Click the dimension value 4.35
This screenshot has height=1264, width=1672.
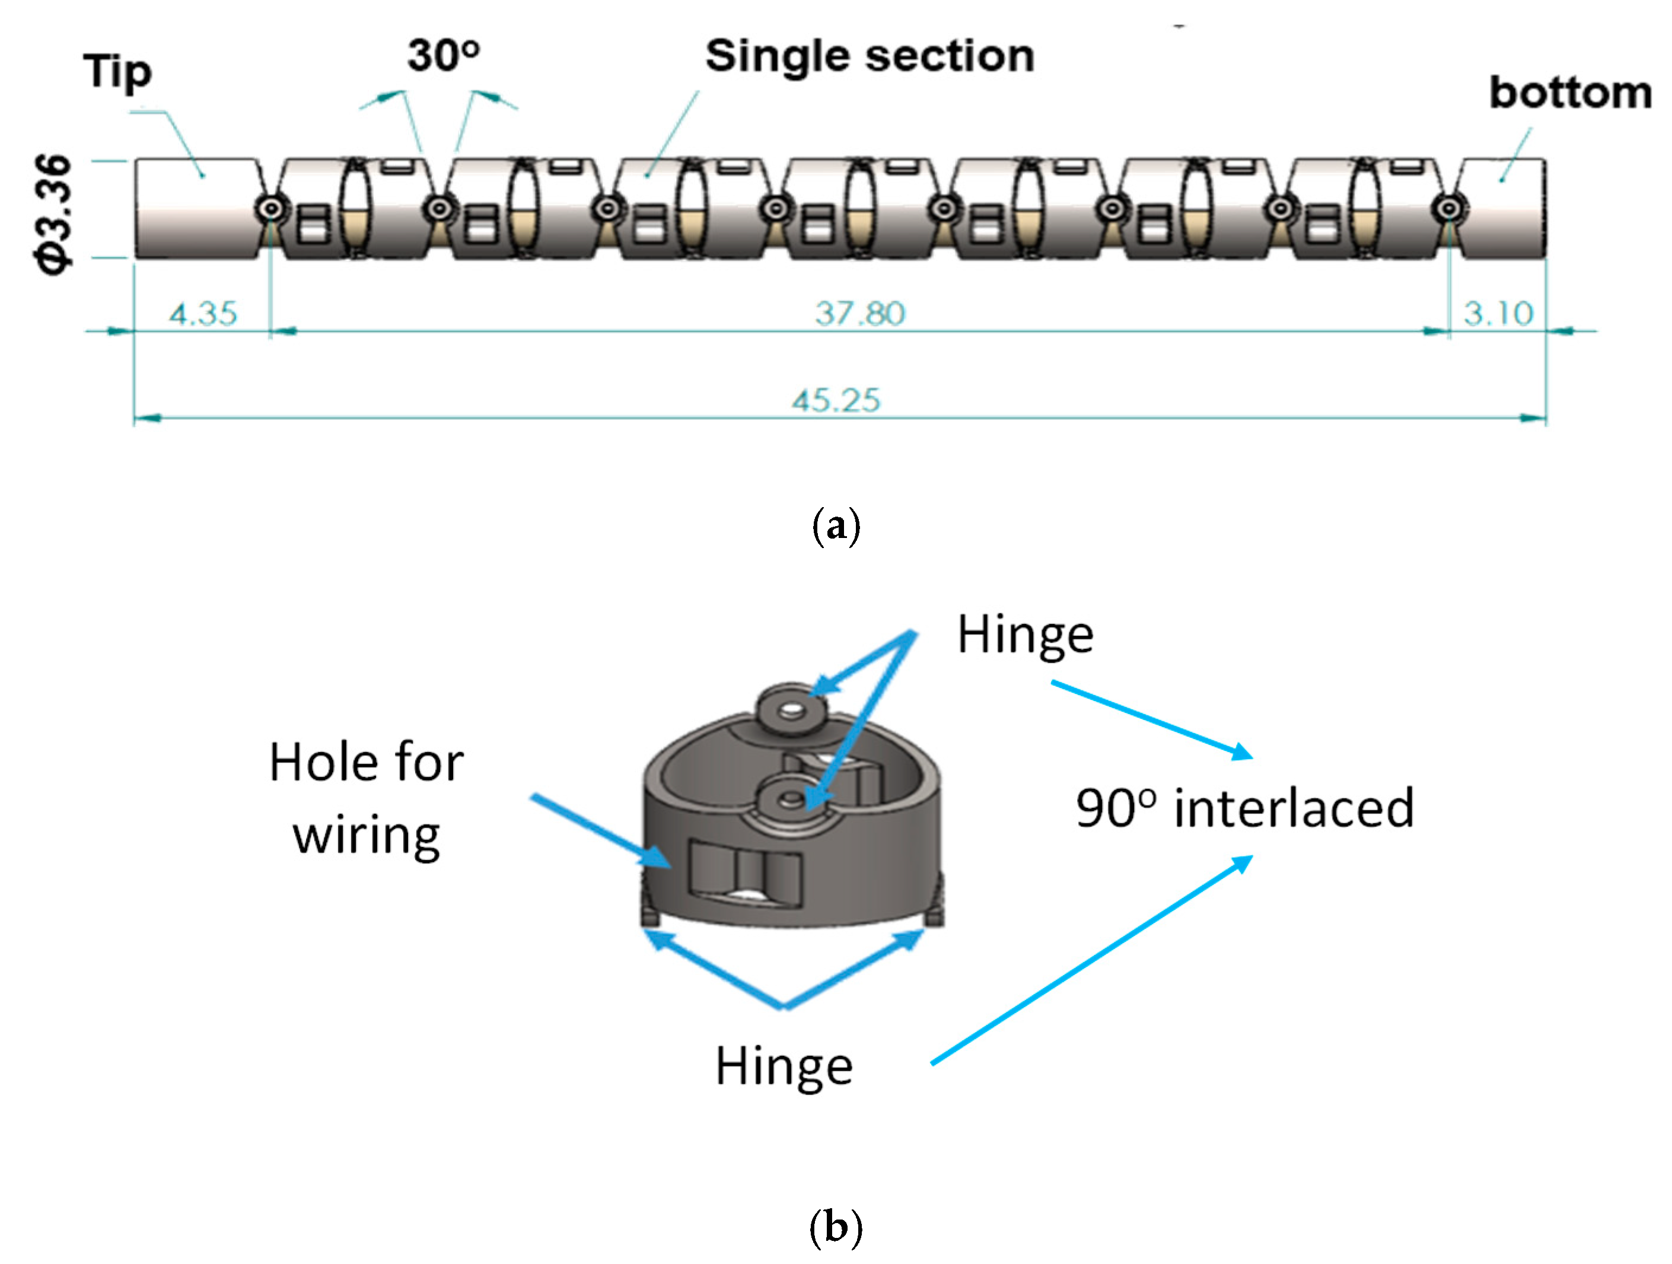(x=203, y=313)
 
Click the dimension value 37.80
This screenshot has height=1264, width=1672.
(x=859, y=313)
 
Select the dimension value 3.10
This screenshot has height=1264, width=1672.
(x=1498, y=313)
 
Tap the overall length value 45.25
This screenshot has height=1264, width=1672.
(x=836, y=400)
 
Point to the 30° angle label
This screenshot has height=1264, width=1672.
(x=444, y=55)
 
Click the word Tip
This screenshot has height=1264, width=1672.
(x=117, y=72)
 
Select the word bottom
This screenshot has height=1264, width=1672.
(x=1569, y=93)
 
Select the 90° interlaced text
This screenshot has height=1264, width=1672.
(x=1244, y=808)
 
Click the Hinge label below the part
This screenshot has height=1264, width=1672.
(x=784, y=1066)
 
